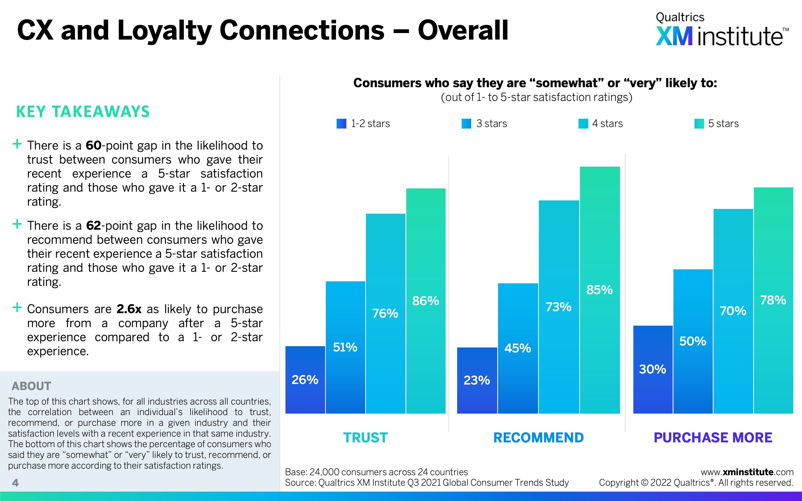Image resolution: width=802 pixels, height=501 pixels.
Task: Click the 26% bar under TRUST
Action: [x=305, y=380]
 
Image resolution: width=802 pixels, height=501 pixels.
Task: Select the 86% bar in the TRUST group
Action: [x=426, y=301]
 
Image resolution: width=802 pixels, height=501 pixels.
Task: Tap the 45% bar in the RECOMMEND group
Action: [x=518, y=348]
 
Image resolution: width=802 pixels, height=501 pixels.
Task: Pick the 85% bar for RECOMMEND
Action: [x=599, y=290]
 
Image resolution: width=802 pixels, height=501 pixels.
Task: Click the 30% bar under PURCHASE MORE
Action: [x=653, y=369]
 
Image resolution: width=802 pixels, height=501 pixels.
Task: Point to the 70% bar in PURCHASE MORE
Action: [x=733, y=311]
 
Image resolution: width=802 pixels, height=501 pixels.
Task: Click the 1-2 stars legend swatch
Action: [x=341, y=123]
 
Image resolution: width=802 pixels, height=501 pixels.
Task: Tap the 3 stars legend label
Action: [x=491, y=123]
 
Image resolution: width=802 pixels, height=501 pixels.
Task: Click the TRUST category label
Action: [x=365, y=438]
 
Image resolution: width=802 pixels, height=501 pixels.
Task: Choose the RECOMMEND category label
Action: [x=539, y=438]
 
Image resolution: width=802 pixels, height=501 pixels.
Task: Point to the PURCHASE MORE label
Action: [x=713, y=438]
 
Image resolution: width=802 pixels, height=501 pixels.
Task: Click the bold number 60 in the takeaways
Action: [x=93, y=146]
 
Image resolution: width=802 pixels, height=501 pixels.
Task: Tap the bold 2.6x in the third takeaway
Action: [x=129, y=309]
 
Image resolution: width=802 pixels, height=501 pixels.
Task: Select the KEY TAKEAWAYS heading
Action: [x=83, y=112]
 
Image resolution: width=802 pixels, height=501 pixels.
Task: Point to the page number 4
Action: [x=15, y=483]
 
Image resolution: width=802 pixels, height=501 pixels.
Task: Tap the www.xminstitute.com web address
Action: [x=747, y=472]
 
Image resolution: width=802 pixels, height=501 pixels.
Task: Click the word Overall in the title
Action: [x=463, y=31]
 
